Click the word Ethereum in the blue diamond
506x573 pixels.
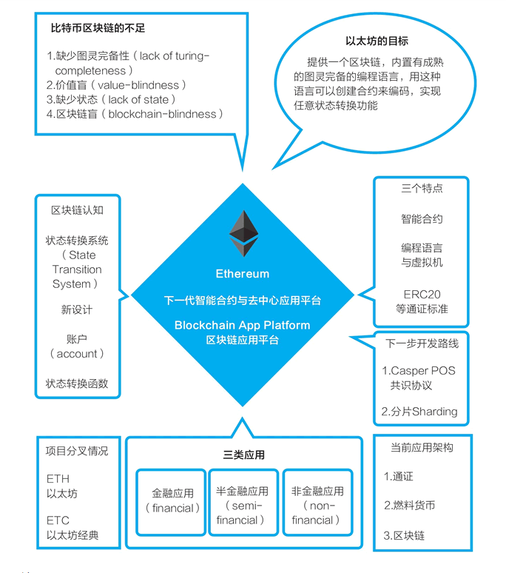[242, 274]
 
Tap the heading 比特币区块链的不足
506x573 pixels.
[98, 29]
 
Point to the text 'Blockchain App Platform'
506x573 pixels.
[242, 325]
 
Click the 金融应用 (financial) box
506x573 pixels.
[172, 500]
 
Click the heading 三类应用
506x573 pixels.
[243, 455]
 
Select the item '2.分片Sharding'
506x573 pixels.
[419, 412]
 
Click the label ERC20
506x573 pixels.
[422, 294]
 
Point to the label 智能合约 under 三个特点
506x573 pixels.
[422, 219]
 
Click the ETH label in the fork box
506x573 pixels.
[58, 480]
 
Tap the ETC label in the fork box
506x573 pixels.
[58, 520]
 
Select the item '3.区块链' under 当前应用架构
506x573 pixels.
[404, 535]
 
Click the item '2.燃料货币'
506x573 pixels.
[409, 506]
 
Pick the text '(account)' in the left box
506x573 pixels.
[77, 354]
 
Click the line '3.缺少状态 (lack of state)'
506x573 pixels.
[112, 99]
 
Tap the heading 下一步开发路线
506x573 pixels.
[422, 344]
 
